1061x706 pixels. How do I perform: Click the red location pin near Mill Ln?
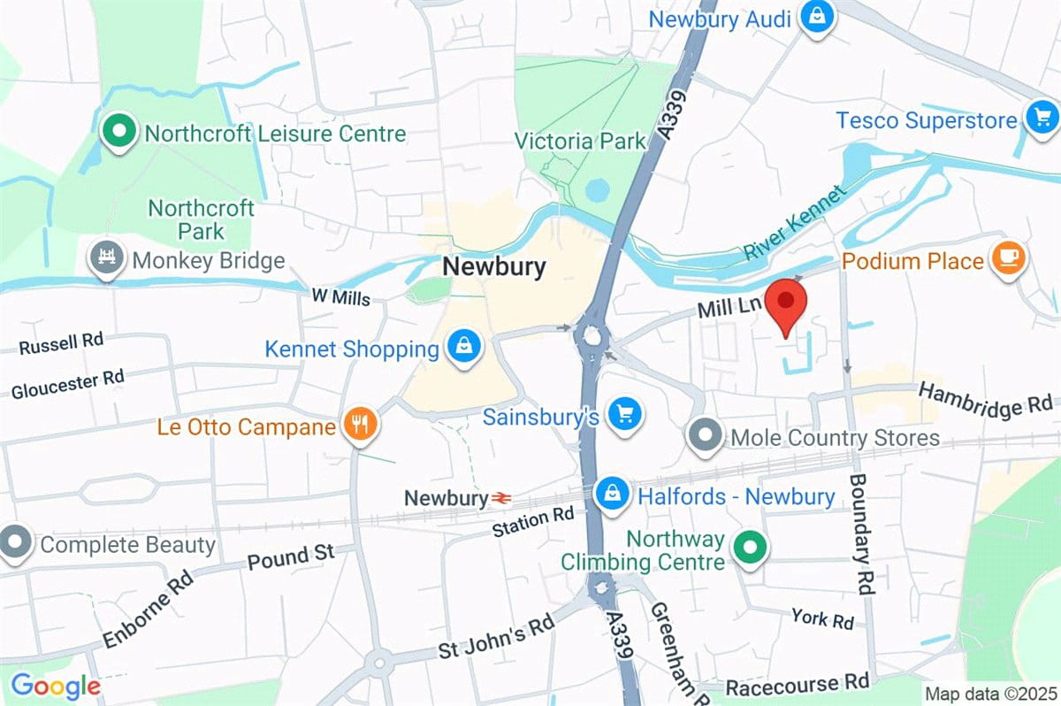click(784, 306)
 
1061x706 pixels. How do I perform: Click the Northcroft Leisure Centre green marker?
click(117, 133)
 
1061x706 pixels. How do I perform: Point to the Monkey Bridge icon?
click(107, 258)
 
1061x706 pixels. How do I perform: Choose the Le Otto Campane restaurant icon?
click(359, 426)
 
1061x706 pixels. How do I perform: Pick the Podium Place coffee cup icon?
click(1009, 259)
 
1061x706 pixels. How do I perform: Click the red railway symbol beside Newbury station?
click(501, 499)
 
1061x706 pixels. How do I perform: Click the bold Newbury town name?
click(494, 266)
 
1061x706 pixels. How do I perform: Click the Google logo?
click(55, 686)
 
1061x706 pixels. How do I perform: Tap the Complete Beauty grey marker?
click(15, 543)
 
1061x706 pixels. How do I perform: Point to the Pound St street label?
click(291, 557)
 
